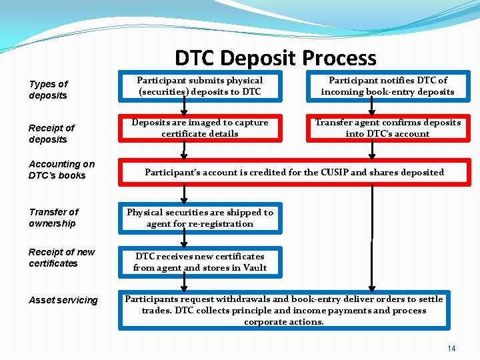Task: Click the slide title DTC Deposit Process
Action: (x=275, y=59)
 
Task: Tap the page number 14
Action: (x=451, y=349)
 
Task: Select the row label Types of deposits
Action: (x=48, y=90)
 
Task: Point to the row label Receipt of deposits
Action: (x=51, y=133)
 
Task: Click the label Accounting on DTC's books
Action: (x=61, y=169)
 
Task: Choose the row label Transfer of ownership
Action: (x=53, y=217)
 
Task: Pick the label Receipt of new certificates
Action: (x=61, y=257)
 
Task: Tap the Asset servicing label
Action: (x=63, y=301)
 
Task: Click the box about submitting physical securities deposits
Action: (x=200, y=86)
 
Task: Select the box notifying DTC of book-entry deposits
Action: (x=387, y=86)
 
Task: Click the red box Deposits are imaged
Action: (x=200, y=128)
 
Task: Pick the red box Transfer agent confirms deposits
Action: (x=387, y=128)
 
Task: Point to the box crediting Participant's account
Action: (x=294, y=172)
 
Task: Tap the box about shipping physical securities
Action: (x=200, y=218)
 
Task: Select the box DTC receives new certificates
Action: (x=200, y=262)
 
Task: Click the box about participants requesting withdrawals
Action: (x=284, y=310)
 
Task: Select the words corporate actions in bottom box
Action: (x=284, y=322)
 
